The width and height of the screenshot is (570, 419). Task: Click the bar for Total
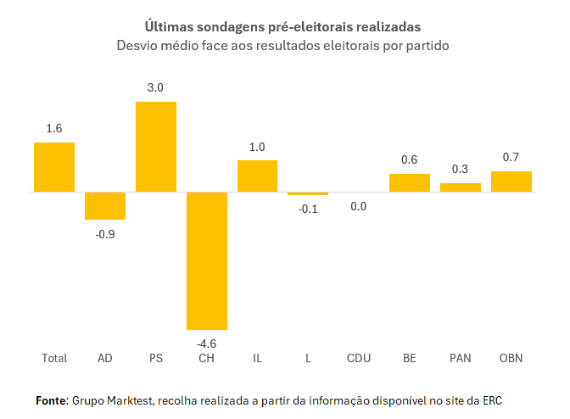[x=54, y=167]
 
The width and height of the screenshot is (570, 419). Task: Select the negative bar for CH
[x=207, y=260]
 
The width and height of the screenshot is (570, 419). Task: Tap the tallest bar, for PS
[x=156, y=147]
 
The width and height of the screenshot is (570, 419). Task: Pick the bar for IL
[x=258, y=176]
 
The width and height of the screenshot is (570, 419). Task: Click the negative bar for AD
[x=105, y=206]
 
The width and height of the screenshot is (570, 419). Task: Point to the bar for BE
[x=410, y=183]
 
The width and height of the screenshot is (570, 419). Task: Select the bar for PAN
[x=461, y=187]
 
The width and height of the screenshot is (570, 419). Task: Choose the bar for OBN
[x=511, y=182]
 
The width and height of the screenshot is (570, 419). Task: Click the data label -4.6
[x=207, y=344]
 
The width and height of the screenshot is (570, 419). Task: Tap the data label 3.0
[x=156, y=87]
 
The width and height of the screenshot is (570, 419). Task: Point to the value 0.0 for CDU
[x=359, y=206]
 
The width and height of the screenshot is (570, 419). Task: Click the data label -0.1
[x=308, y=209]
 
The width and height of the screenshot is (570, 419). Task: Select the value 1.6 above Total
[x=54, y=129]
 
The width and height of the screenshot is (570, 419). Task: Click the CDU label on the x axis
[x=359, y=359]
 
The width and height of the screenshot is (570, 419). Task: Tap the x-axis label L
[x=308, y=359]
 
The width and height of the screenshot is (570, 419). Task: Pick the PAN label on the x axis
[x=461, y=359]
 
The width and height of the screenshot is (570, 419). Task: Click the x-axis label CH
[x=207, y=359]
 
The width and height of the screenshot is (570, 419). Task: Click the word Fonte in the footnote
[x=51, y=399]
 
